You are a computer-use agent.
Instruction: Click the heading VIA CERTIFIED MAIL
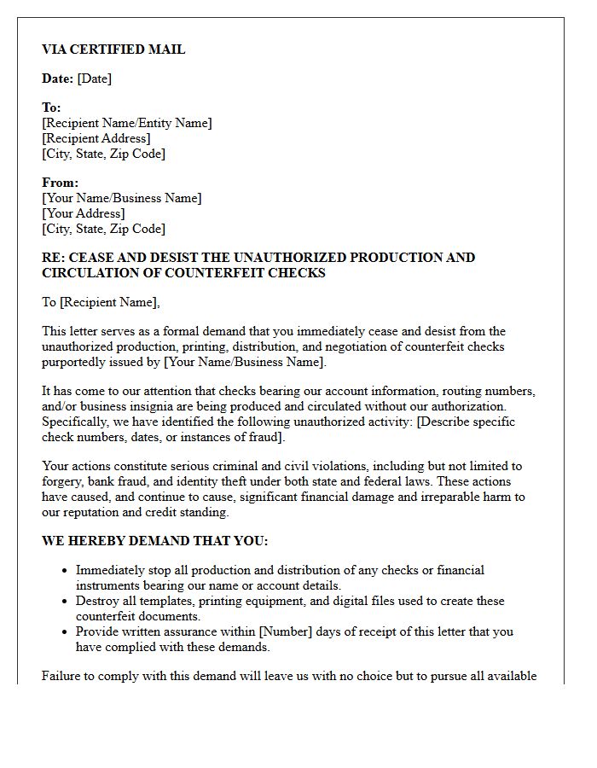pyautogui.click(x=113, y=49)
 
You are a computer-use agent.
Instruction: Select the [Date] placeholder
pyautogui.click(x=94, y=79)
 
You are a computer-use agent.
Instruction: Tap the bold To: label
pyautogui.click(x=51, y=108)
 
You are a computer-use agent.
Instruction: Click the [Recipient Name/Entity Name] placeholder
pyautogui.click(x=127, y=123)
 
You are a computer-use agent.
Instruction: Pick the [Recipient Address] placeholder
pyautogui.click(x=96, y=138)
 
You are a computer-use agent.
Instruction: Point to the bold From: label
pyautogui.click(x=60, y=183)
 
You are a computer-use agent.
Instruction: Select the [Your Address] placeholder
pyautogui.click(x=83, y=213)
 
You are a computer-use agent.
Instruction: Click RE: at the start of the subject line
pyautogui.click(x=54, y=258)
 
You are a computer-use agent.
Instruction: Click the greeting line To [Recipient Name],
pyautogui.click(x=101, y=302)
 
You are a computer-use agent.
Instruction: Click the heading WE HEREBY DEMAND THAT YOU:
pyautogui.click(x=155, y=541)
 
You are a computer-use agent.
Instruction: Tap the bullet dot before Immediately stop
pyautogui.click(x=65, y=570)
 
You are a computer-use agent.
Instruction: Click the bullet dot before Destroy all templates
pyautogui.click(x=65, y=601)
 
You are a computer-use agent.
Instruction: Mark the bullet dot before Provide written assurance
pyautogui.click(x=65, y=631)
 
